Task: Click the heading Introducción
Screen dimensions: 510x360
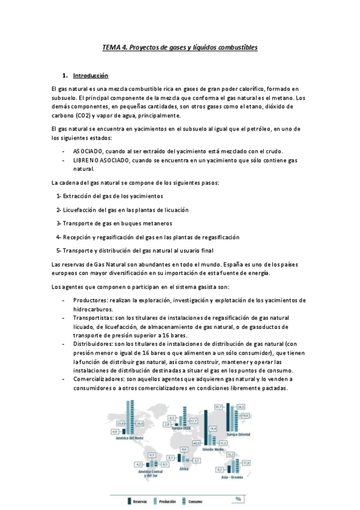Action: pyautogui.click(x=90, y=76)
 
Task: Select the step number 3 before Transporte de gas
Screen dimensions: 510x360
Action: pyautogui.click(x=58, y=223)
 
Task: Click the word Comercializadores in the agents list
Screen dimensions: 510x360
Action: pyautogui.click(x=99, y=379)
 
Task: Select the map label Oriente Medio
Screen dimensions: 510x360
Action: pyautogui.click(x=212, y=449)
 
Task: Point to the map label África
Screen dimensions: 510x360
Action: pyautogui.click(x=185, y=469)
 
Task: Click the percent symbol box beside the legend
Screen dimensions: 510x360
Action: pyautogui.click(x=238, y=499)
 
